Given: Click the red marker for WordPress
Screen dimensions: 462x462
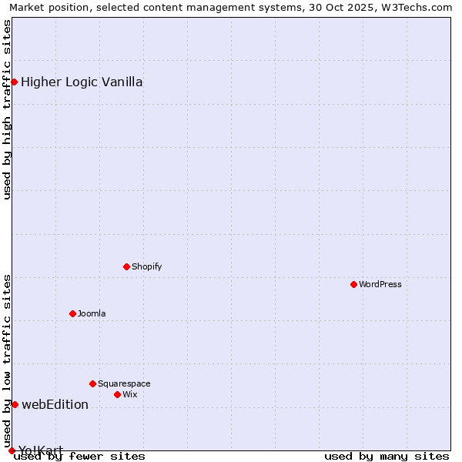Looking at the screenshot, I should pos(353,284).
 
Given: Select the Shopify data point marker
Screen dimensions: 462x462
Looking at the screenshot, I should pos(126,266).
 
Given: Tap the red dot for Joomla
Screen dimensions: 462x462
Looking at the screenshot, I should pos(72,313).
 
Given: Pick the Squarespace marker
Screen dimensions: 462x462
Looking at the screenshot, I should pos(92,383).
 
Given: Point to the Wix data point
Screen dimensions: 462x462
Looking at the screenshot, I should pos(117,394).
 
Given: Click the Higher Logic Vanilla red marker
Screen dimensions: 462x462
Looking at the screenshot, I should pos(14,82).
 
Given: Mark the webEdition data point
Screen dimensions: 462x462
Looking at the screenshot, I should pos(15,404).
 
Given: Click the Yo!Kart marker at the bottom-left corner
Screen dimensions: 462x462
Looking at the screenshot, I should pos(12,450).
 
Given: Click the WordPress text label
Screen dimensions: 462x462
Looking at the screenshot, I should pos(380,284).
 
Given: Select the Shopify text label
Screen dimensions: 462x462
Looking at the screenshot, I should pos(146,266).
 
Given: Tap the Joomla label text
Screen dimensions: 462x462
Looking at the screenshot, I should pos(92,313).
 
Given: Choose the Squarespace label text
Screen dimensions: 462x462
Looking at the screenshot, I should pos(124,383).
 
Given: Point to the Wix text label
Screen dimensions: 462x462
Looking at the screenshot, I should pos(130,394).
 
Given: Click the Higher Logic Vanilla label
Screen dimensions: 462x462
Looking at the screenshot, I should pos(82,82).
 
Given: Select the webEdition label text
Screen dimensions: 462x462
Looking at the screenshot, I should pos(55,404).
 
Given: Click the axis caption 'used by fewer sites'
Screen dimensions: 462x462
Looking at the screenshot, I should pos(79,456).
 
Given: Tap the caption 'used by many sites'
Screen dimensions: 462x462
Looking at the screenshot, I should pos(387,456).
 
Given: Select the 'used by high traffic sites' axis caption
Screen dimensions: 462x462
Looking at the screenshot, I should pos(7,109).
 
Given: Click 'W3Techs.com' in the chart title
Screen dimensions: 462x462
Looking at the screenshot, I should pos(420,7).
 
